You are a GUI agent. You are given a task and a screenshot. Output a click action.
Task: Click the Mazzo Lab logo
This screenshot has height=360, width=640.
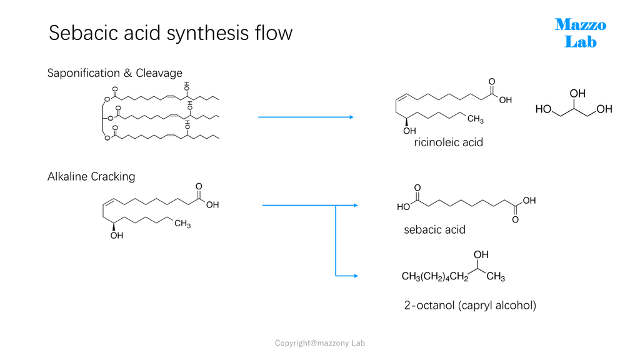[x=581, y=33]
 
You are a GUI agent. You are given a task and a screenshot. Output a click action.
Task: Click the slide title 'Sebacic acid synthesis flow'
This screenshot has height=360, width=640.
[x=171, y=32]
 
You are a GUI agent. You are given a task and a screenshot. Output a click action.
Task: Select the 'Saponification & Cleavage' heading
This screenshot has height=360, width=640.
[x=115, y=73]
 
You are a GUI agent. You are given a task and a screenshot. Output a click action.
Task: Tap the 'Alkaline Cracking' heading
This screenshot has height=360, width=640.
[x=91, y=177]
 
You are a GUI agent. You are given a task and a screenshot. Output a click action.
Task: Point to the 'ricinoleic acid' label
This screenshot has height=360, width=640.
[x=449, y=142]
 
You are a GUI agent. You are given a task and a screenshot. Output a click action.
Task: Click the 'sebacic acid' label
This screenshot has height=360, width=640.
[x=435, y=230]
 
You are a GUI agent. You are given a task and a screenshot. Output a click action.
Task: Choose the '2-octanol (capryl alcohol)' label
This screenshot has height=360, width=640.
[x=470, y=305]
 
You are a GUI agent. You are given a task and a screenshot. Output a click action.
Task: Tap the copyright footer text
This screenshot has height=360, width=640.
[x=319, y=343]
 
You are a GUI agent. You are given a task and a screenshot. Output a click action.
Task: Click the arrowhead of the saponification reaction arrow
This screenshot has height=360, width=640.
[x=351, y=117]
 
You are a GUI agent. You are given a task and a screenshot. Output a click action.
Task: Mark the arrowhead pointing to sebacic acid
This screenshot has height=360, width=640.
[x=356, y=205]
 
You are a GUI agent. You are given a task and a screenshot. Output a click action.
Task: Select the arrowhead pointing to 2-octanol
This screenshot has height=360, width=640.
[x=356, y=276]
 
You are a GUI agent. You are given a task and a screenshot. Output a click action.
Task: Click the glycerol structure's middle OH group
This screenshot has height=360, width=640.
[x=577, y=94]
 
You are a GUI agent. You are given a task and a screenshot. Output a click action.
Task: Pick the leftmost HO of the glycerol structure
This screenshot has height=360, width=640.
[x=543, y=109]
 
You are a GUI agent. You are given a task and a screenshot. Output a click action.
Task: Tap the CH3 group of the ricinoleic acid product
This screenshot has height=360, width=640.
[x=476, y=119]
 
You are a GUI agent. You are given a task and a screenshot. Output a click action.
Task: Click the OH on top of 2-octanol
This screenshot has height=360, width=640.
[x=481, y=254]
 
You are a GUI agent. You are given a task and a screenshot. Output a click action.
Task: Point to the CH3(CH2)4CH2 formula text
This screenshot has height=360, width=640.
[x=435, y=277]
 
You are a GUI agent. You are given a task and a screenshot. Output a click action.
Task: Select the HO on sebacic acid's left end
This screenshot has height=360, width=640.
[x=403, y=207]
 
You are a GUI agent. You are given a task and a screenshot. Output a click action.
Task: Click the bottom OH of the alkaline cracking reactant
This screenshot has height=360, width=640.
[x=117, y=236]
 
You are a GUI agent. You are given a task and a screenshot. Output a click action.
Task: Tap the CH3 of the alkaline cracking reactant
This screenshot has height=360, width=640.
[x=182, y=224]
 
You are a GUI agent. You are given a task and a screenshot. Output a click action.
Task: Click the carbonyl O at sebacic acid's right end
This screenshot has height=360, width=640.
[x=516, y=220]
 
